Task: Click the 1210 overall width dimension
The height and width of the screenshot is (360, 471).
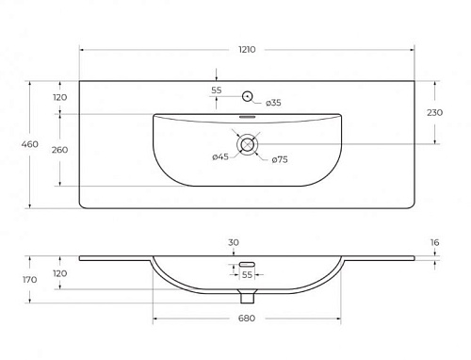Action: click(x=247, y=50)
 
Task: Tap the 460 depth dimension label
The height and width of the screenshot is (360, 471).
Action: click(x=30, y=144)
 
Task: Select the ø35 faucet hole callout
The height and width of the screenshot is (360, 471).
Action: click(x=273, y=103)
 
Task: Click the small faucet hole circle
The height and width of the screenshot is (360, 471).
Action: click(x=248, y=96)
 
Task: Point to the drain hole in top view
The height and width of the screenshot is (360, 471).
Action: click(x=248, y=144)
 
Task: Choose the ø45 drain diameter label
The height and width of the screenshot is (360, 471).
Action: click(x=220, y=156)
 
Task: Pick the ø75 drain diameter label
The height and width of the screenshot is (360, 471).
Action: click(x=280, y=160)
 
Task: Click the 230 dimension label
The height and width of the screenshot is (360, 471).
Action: click(x=434, y=112)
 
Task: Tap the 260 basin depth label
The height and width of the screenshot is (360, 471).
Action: click(x=59, y=150)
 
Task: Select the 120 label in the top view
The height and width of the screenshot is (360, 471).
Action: click(x=59, y=97)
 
